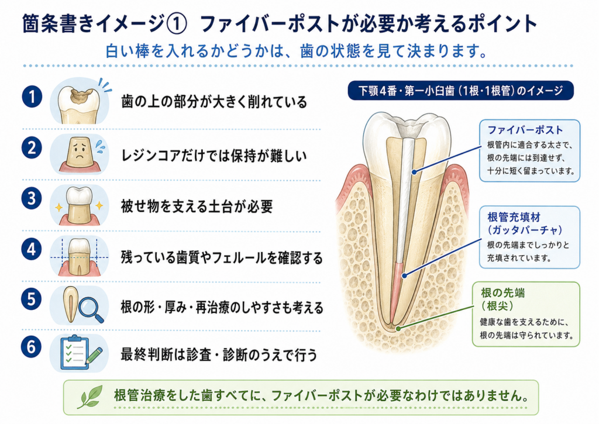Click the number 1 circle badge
32,96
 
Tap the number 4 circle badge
32,250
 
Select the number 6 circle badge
32,347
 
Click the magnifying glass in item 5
91,309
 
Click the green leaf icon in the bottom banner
91,397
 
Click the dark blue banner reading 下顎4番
461,91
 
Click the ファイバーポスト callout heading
525,130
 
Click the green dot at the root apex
398,328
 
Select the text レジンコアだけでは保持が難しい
214,156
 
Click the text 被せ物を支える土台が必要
197,206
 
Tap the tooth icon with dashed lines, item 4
79,256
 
